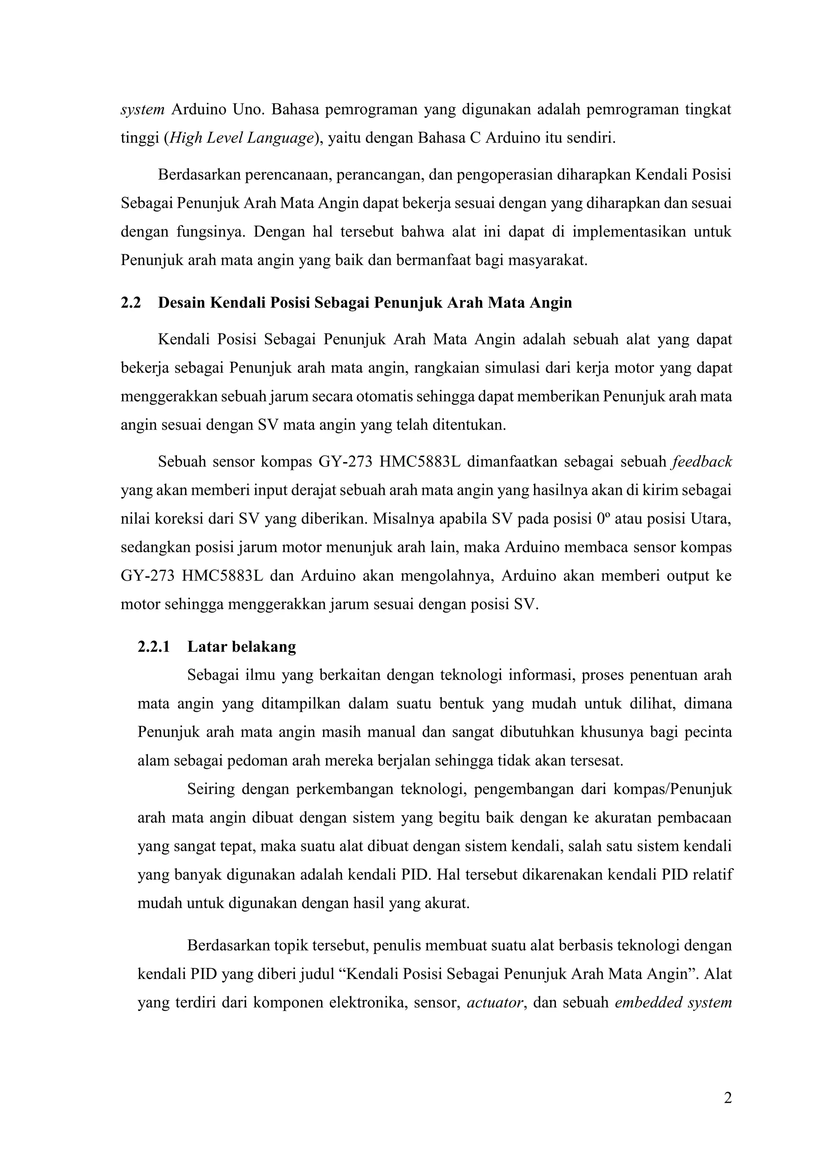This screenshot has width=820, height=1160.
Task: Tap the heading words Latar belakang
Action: pos(241,647)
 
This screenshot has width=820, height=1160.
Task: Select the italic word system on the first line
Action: pos(143,110)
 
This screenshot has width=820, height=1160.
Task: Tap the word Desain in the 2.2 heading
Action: pos(181,303)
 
